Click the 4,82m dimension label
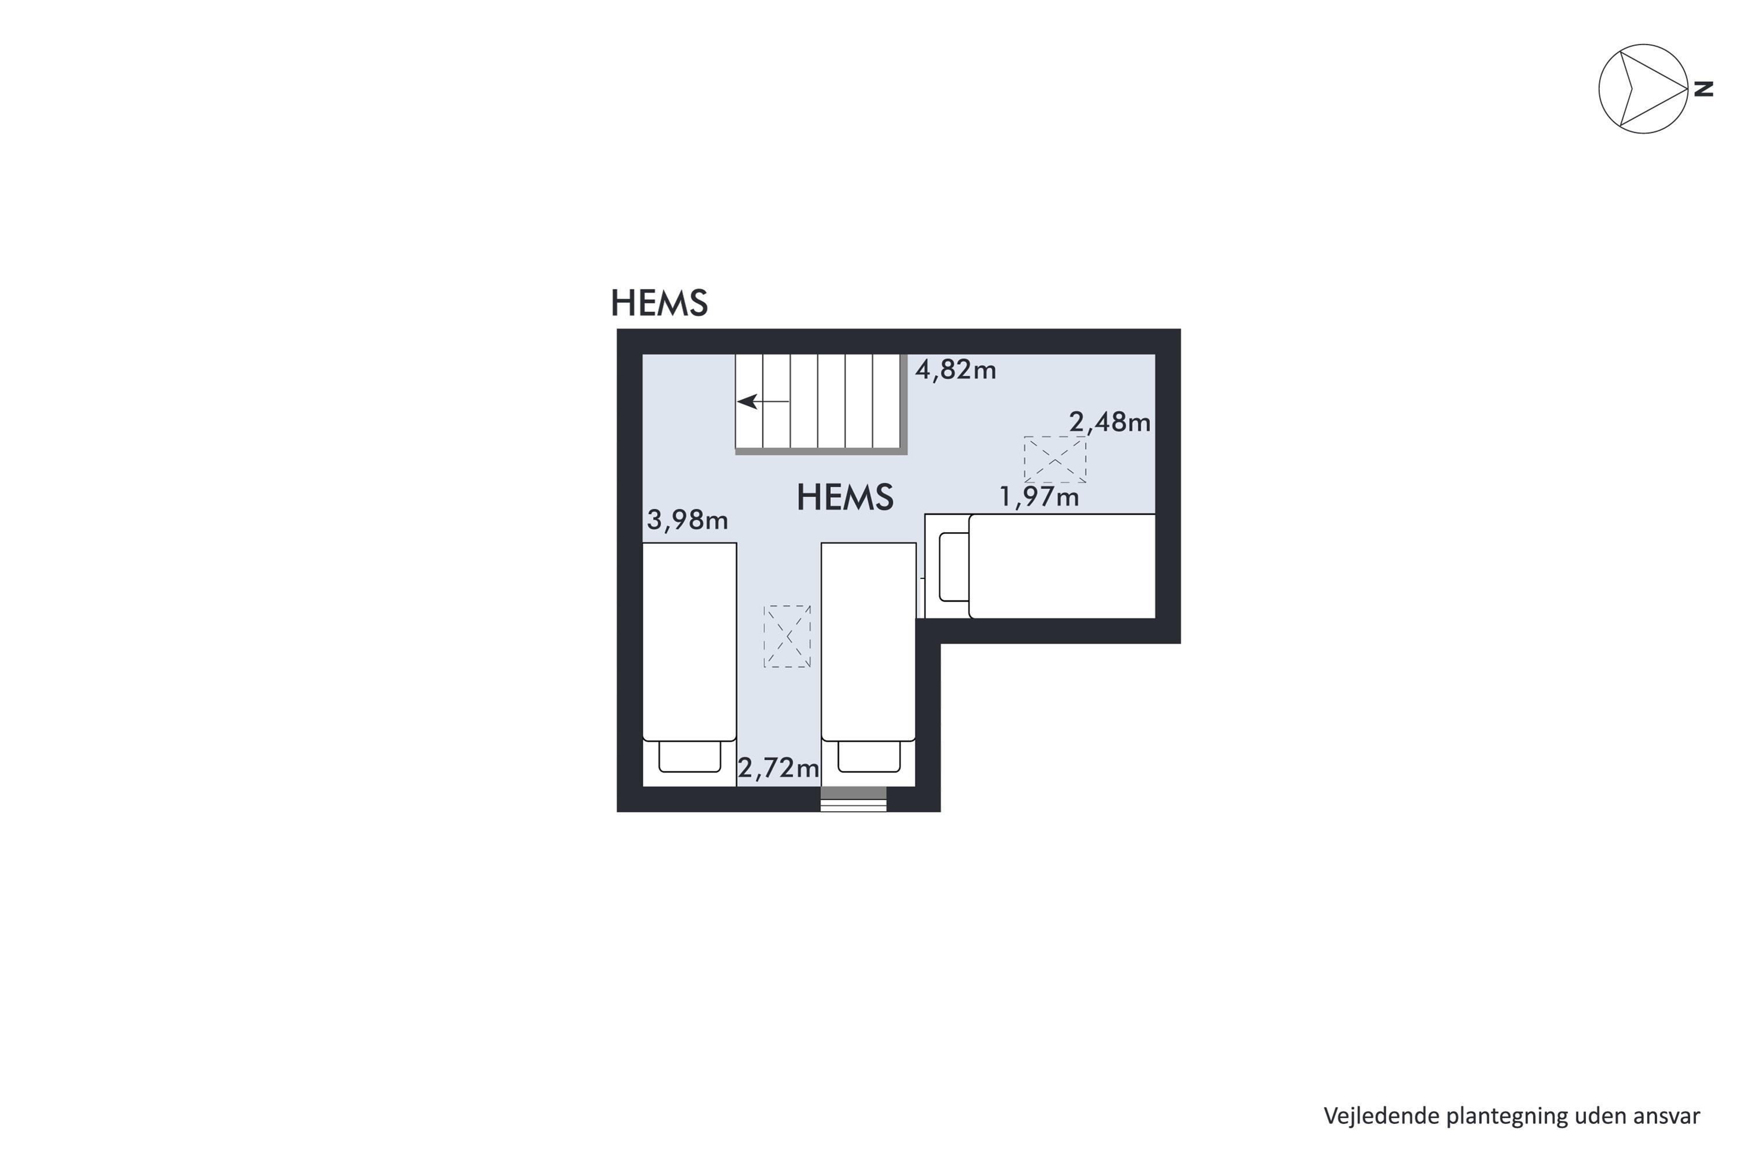956,369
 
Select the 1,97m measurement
1039,496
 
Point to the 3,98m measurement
688,520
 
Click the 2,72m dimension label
778,768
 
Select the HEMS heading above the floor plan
659,302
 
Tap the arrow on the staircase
764,402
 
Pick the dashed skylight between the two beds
787,636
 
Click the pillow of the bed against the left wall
690,756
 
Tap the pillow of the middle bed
869,756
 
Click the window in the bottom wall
853,800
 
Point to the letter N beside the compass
1703,89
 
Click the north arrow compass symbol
1643,89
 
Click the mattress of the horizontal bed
1062,566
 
